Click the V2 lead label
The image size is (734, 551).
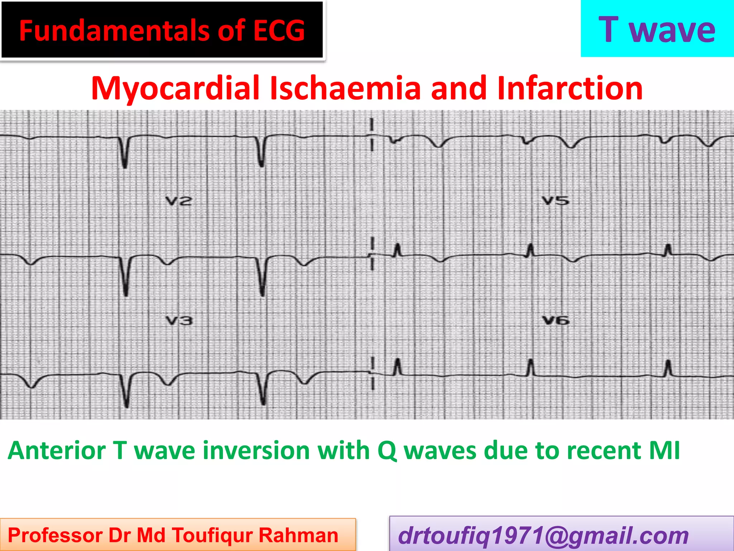point(178,201)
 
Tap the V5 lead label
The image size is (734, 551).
point(555,201)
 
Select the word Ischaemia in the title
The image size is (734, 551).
point(345,88)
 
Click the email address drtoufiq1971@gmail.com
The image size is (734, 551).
point(543,536)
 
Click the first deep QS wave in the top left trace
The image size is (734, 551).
point(124,154)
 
